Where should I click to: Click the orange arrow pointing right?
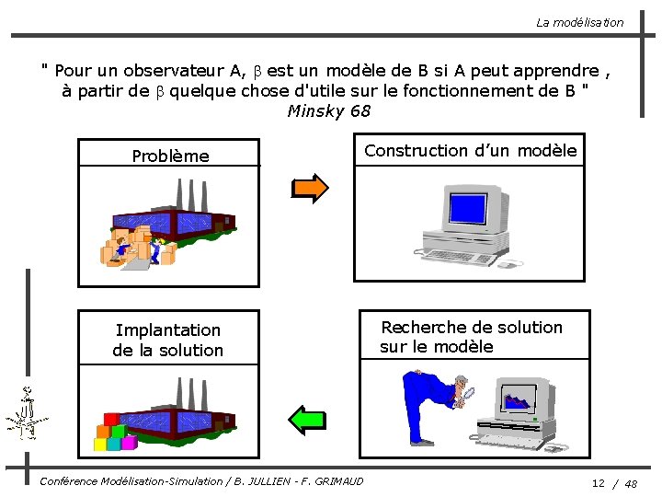(309, 187)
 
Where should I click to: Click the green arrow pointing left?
(307, 419)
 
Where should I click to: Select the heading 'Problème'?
(170, 156)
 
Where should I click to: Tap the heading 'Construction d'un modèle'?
(470, 150)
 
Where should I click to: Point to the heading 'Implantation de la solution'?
(167, 340)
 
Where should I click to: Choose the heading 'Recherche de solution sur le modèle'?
(471, 337)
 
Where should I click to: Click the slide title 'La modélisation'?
(579, 22)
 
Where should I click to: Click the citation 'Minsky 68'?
(329, 111)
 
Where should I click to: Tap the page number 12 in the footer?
(598, 483)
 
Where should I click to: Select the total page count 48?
(631, 483)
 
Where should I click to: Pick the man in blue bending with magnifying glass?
(430, 403)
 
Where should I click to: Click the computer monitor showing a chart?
(522, 399)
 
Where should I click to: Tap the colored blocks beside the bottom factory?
(114, 436)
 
